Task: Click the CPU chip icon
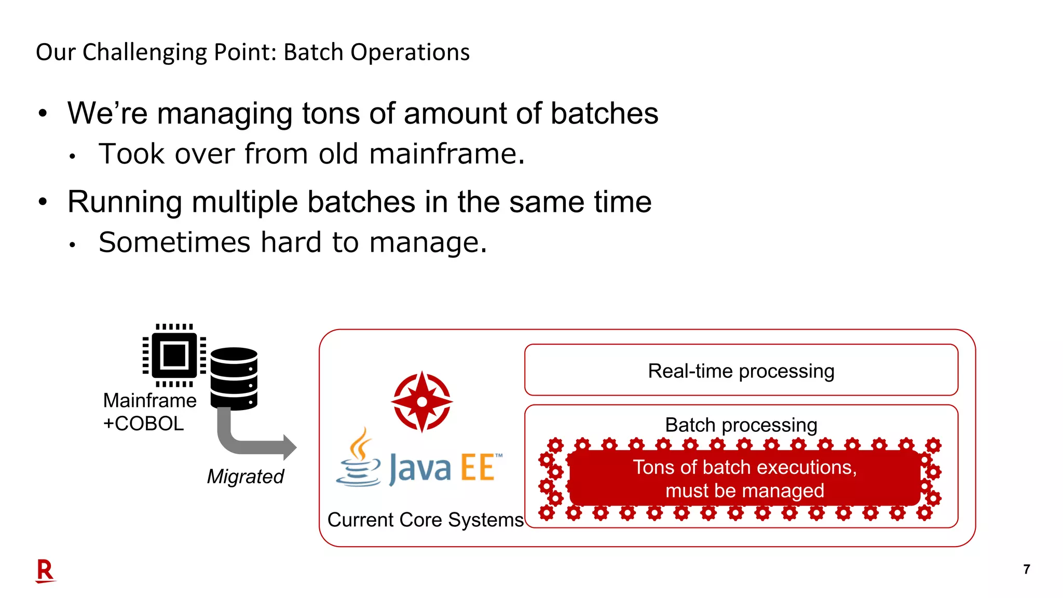coord(174,356)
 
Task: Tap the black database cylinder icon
coord(234,379)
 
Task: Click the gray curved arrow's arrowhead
coord(288,447)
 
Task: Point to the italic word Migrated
coord(245,477)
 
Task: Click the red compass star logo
coord(422,402)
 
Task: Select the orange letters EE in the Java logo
coord(477,468)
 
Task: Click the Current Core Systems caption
coord(425,520)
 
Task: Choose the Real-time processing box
coord(741,371)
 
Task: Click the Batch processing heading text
coord(741,425)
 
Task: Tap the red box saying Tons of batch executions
coord(744,479)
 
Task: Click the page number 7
coord(1026,569)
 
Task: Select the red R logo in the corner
coord(45,571)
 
